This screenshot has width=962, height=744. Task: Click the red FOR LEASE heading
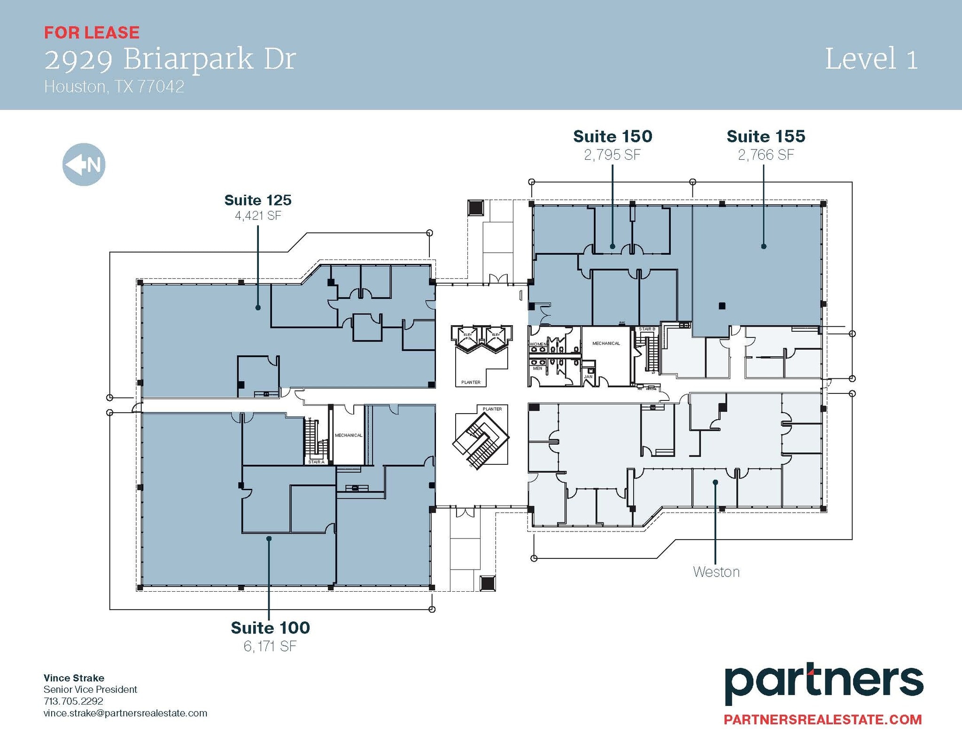(x=92, y=32)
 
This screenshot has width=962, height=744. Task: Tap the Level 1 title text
(x=871, y=60)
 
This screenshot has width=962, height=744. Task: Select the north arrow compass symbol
(x=84, y=164)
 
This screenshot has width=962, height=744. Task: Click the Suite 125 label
(x=258, y=200)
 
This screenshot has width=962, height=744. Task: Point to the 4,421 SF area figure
(x=258, y=216)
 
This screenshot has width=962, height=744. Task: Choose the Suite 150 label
(x=613, y=136)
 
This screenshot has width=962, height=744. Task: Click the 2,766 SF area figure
(x=766, y=155)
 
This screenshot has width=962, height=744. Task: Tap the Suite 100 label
(x=270, y=627)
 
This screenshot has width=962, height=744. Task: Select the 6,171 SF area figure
(x=270, y=646)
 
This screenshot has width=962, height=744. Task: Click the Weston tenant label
(x=716, y=572)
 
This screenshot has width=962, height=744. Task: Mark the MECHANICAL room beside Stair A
(x=349, y=436)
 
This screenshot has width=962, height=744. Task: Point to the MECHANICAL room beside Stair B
(x=606, y=344)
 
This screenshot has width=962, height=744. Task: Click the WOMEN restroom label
(x=538, y=345)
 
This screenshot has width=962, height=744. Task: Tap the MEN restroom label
(x=537, y=368)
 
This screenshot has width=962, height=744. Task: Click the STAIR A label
(x=316, y=462)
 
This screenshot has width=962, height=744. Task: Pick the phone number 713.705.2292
(x=73, y=701)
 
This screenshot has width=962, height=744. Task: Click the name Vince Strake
(x=74, y=678)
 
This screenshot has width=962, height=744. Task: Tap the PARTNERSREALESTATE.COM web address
(x=822, y=720)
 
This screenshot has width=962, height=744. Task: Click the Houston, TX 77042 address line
(x=114, y=87)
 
